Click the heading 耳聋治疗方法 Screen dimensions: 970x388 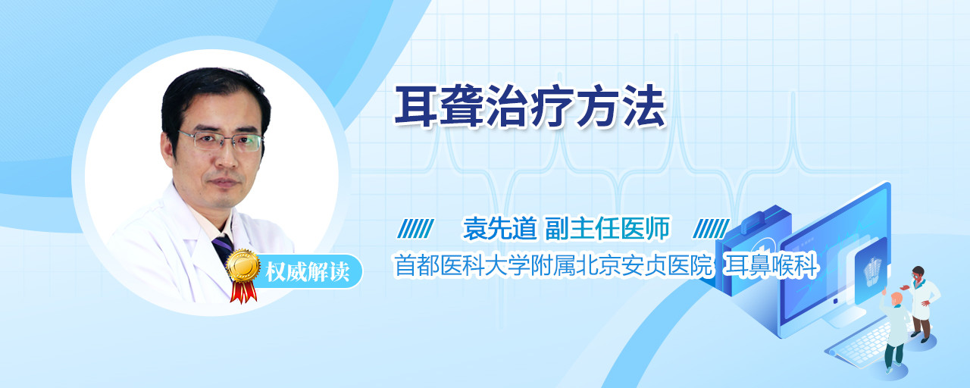530,107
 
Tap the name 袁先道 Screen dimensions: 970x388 500,228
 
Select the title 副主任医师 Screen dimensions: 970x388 608,228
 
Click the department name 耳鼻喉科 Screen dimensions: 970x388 771,265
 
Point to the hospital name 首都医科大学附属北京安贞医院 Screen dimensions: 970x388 553,265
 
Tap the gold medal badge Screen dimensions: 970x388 243,265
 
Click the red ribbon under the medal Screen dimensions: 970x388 243,292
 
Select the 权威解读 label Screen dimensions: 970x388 308,272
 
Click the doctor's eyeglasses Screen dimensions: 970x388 221,141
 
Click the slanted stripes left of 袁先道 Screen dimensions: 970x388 415,229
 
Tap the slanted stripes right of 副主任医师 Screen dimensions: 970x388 711,229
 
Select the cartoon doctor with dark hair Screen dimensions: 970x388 921,304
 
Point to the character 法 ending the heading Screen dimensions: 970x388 643,107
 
